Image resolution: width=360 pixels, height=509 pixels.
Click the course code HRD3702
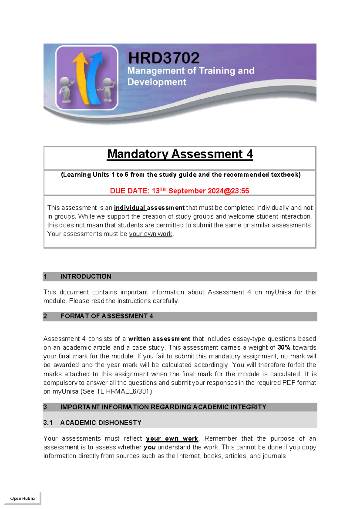coord(163,58)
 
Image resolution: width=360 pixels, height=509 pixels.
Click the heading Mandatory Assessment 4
coord(180,154)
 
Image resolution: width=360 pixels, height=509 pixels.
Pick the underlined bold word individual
coord(130,208)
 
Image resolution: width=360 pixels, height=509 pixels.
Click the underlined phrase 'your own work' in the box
coord(151,234)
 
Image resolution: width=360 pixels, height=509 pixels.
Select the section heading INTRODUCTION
coord(86,276)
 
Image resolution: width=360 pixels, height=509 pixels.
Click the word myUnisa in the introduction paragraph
coord(278,292)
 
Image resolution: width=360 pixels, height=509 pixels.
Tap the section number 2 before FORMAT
coord(45,316)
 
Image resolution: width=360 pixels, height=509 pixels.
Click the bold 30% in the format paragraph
coord(284,348)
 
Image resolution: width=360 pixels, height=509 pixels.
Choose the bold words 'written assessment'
coord(159,339)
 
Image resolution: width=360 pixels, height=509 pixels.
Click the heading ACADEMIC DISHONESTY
coord(100,423)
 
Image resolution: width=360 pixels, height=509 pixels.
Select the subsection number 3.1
coord(48,423)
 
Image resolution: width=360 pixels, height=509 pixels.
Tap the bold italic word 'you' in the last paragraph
coord(149,447)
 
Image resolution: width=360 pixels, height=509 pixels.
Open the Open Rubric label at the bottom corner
coord(22,498)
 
